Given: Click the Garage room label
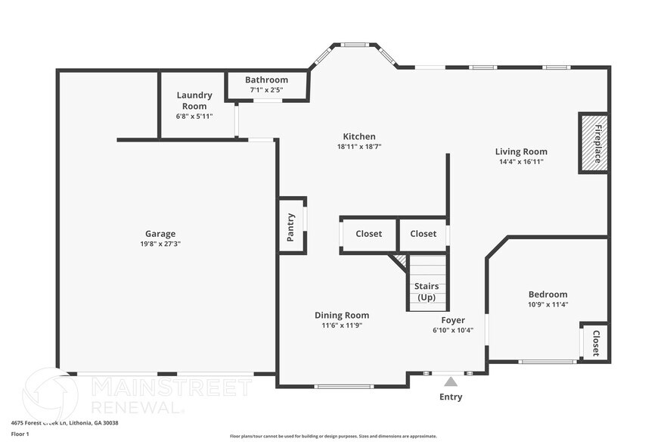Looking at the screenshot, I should pos(160,234).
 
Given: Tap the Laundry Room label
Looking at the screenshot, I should pos(194,101).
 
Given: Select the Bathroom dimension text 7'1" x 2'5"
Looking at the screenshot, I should pos(266,90).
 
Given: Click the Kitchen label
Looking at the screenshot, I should pos(358,136).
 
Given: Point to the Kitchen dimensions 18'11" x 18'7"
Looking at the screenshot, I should pos(358,147).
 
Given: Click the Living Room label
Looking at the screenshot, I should pos(521,151).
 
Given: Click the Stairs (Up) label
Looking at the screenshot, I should pos(427,291).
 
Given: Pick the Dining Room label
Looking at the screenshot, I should pos(342,315).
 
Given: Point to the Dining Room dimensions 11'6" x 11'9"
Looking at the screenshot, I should pos(342,325).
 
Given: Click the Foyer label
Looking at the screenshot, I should pos(453,320).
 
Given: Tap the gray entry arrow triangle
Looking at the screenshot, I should pos(451,381).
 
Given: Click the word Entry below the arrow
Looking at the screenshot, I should pos(451,397).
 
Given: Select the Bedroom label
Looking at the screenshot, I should pos(548,294).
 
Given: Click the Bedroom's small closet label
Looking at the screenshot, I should pos(596,343).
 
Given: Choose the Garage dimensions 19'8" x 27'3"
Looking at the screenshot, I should pos(160,244).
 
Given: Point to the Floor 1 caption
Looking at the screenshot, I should pos(20,434).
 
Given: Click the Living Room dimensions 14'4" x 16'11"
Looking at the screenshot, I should pos(521,162).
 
